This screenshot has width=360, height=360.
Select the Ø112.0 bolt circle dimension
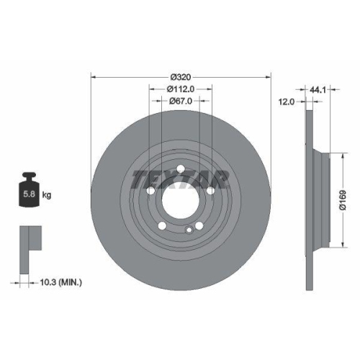click(180, 89)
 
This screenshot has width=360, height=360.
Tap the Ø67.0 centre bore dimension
click(180, 102)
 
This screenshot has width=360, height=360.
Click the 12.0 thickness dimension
click(287, 102)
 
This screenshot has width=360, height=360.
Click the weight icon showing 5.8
click(29, 192)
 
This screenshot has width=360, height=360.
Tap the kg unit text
click(47, 194)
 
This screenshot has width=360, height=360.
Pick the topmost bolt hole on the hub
click(180, 171)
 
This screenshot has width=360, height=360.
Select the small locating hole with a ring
click(189, 230)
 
